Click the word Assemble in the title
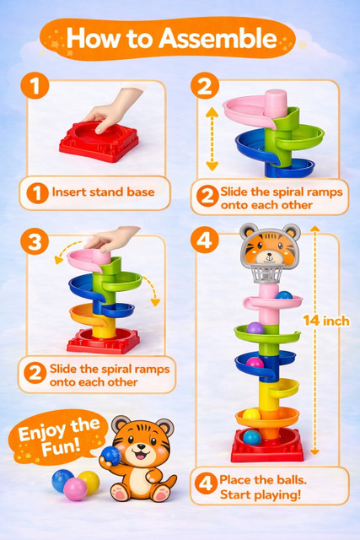point(218,38)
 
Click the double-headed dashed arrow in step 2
point(212,139)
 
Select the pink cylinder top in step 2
point(276,103)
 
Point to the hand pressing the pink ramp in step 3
point(112,238)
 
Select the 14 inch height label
point(326,321)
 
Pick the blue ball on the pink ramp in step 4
point(284,295)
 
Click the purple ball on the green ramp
point(255,328)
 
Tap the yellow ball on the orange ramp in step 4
point(251,413)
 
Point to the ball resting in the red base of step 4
point(252,437)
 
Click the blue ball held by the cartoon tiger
point(110,456)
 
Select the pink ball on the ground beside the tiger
point(75,489)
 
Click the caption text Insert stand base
point(103,192)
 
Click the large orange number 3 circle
point(35,241)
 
